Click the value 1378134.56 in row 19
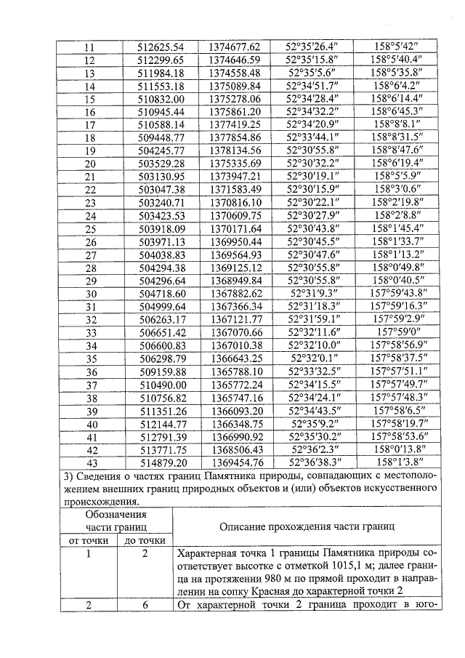pos(234,151)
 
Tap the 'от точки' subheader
pos(89,540)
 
